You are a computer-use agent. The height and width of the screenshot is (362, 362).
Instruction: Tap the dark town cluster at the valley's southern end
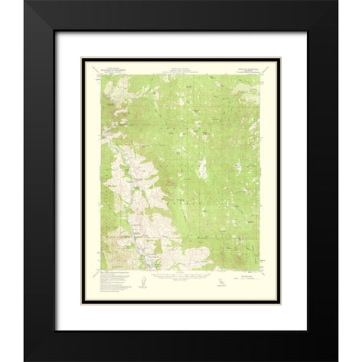(x=155, y=262)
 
